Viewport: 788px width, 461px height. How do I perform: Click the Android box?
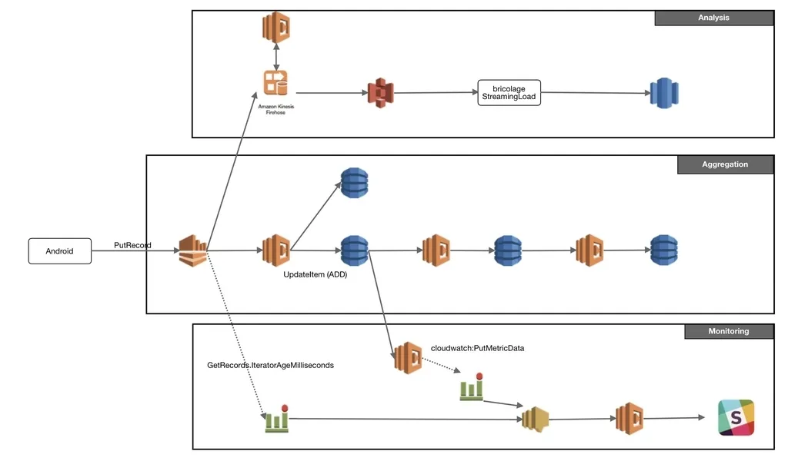tap(59, 251)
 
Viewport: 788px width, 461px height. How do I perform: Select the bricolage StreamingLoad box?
tap(509, 93)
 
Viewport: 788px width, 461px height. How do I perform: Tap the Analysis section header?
tap(713, 18)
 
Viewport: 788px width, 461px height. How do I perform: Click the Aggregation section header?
tap(724, 164)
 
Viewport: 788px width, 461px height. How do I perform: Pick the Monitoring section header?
tap(728, 331)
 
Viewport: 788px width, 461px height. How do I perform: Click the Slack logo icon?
tap(736, 418)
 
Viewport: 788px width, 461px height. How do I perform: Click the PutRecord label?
tap(132, 245)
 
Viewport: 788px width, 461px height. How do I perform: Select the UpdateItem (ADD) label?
tap(316, 274)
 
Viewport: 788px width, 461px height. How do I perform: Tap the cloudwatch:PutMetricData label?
tap(477, 348)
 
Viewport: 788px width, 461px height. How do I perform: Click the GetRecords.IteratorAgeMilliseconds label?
tap(270, 365)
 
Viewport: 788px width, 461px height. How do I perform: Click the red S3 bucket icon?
tap(380, 93)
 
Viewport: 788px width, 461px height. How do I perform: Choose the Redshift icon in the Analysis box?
tap(663, 94)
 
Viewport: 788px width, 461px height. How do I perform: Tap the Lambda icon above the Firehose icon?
tap(275, 28)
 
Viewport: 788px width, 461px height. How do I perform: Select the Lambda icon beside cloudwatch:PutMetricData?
tap(408, 357)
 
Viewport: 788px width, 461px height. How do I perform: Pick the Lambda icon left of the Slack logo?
tap(629, 418)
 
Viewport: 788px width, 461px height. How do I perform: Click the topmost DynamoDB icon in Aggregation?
tap(354, 182)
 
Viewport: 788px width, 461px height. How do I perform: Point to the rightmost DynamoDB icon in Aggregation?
tap(663, 250)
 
